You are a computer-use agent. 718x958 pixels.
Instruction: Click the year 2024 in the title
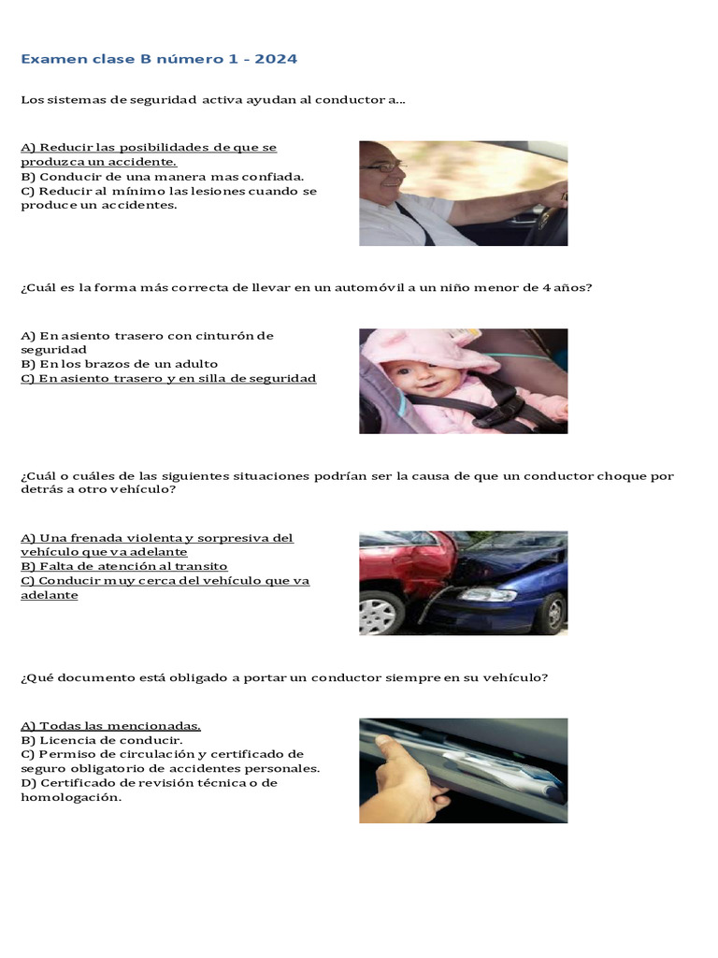coord(276,59)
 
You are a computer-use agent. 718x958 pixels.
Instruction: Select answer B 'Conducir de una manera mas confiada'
coord(163,177)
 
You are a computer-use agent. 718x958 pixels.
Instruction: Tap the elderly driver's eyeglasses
coord(382,167)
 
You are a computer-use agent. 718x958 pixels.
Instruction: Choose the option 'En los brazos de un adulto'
coord(119,364)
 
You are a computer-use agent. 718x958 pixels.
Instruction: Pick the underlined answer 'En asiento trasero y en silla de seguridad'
coord(168,378)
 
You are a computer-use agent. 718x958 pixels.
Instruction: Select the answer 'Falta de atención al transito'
coord(124,566)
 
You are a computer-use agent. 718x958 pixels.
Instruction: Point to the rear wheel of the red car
coord(381,613)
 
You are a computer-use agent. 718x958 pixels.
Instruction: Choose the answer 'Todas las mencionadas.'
coord(110,726)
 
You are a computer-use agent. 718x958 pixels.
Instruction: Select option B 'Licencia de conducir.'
coord(101,741)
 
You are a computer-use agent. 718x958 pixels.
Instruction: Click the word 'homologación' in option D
coord(71,797)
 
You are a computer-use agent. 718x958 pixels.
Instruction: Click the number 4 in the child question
coord(546,288)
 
